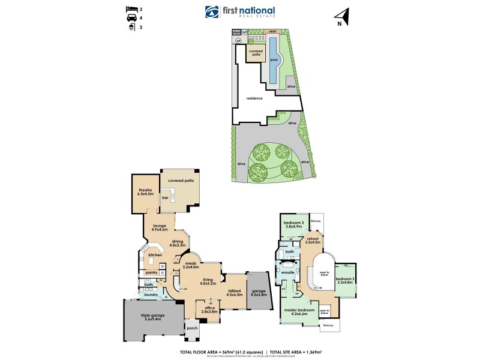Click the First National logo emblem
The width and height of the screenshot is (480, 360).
pyautogui.click(x=212, y=12)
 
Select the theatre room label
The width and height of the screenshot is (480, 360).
pyautogui.click(x=146, y=192)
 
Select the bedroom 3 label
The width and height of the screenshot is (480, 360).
pyautogui.click(x=294, y=224)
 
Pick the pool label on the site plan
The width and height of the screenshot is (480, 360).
pyautogui.click(x=274, y=60)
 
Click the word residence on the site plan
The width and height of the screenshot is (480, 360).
pyautogui.click(x=254, y=98)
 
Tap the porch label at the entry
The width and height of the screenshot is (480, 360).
pyautogui.click(x=192, y=328)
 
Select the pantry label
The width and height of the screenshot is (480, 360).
pyautogui.click(x=151, y=272)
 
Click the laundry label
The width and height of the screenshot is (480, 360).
pyautogui.click(x=150, y=295)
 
